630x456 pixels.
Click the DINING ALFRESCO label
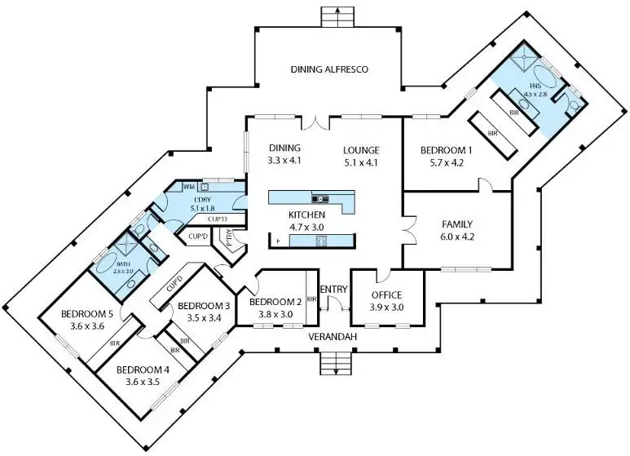pyautogui.click(x=329, y=70)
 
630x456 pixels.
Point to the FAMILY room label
pyautogui.click(x=457, y=224)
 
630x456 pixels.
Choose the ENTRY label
pyautogui.click(x=333, y=290)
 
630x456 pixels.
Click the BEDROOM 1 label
pyautogui.click(x=446, y=150)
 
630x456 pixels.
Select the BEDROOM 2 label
pyautogui.click(x=275, y=301)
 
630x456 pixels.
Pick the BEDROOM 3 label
pyautogui.click(x=200, y=306)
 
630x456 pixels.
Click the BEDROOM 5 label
pyautogui.click(x=87, y=314)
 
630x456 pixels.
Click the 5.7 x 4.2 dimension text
pyautogui.click(x=446, y=162)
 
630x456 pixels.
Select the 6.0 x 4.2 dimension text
pyautogui.click(x=457, y=237)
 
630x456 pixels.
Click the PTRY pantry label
pyautogui.click(x=231, y=240)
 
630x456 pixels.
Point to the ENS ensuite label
pyautogui.click(x=535, y=84)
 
